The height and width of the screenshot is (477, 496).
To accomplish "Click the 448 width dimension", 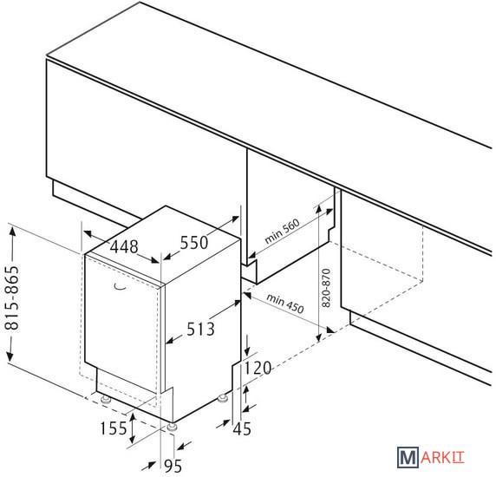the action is pos(124,246).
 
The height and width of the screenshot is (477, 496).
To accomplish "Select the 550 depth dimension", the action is pos(194,243).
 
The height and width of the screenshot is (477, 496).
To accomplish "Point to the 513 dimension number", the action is pos(200,329).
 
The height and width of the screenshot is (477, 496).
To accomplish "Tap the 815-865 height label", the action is pos(12,298).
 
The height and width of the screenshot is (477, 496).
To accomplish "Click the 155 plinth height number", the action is pos(114,428).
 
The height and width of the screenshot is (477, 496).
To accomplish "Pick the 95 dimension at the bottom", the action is pos(173,466).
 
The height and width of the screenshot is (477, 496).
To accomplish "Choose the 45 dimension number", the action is pos(242,429).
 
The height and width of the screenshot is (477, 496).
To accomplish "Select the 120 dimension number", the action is pos(258,368).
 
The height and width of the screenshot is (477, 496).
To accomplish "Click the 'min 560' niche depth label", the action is pos(282,232).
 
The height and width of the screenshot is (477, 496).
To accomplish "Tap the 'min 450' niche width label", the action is pos(285,303).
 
